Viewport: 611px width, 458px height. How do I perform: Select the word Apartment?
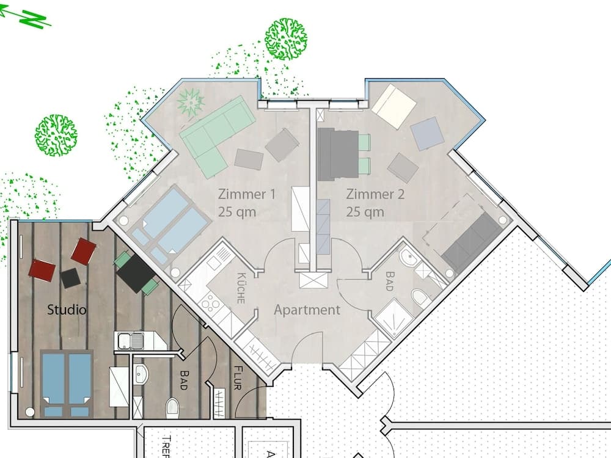[307, 310]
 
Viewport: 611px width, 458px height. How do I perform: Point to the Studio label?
[67, 310]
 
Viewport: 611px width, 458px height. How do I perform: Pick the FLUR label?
[237, 377]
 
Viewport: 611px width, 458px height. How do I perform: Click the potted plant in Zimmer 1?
[190, 101]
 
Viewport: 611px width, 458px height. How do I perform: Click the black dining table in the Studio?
[136, 274]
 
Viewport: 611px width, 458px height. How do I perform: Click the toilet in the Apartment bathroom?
[421, 299]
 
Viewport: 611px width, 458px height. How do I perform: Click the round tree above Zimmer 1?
[285, 40]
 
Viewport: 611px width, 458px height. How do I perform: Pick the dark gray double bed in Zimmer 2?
[337, 154]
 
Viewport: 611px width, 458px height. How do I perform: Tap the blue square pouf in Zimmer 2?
[427, 133]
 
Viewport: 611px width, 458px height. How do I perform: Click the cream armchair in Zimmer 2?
[393, 106]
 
